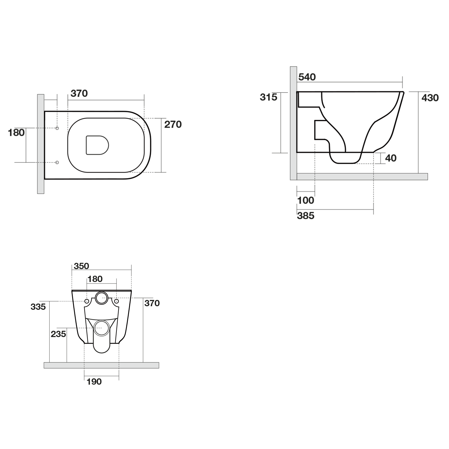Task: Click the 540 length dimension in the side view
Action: pyautogui.click(x=307, y=77)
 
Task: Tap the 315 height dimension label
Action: pyautogui.click(x=269, y=97)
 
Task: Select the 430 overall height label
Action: pyautogui.click(x=430, y=98)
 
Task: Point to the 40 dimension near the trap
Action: pyautogui.click(x=391, y=158)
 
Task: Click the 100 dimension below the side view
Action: pyautogui.click(x=306, y=200)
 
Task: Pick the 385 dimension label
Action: pyautogui.click(x=306, y=216)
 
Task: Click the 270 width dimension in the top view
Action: pyautogui.click(x=173, y=124)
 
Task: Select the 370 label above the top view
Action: pyautogui.click(x=79, y=93)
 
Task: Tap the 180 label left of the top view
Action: pyautogui.click(x=16, y=132)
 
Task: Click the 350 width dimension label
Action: pyautogui.click(x=81, y=266)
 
